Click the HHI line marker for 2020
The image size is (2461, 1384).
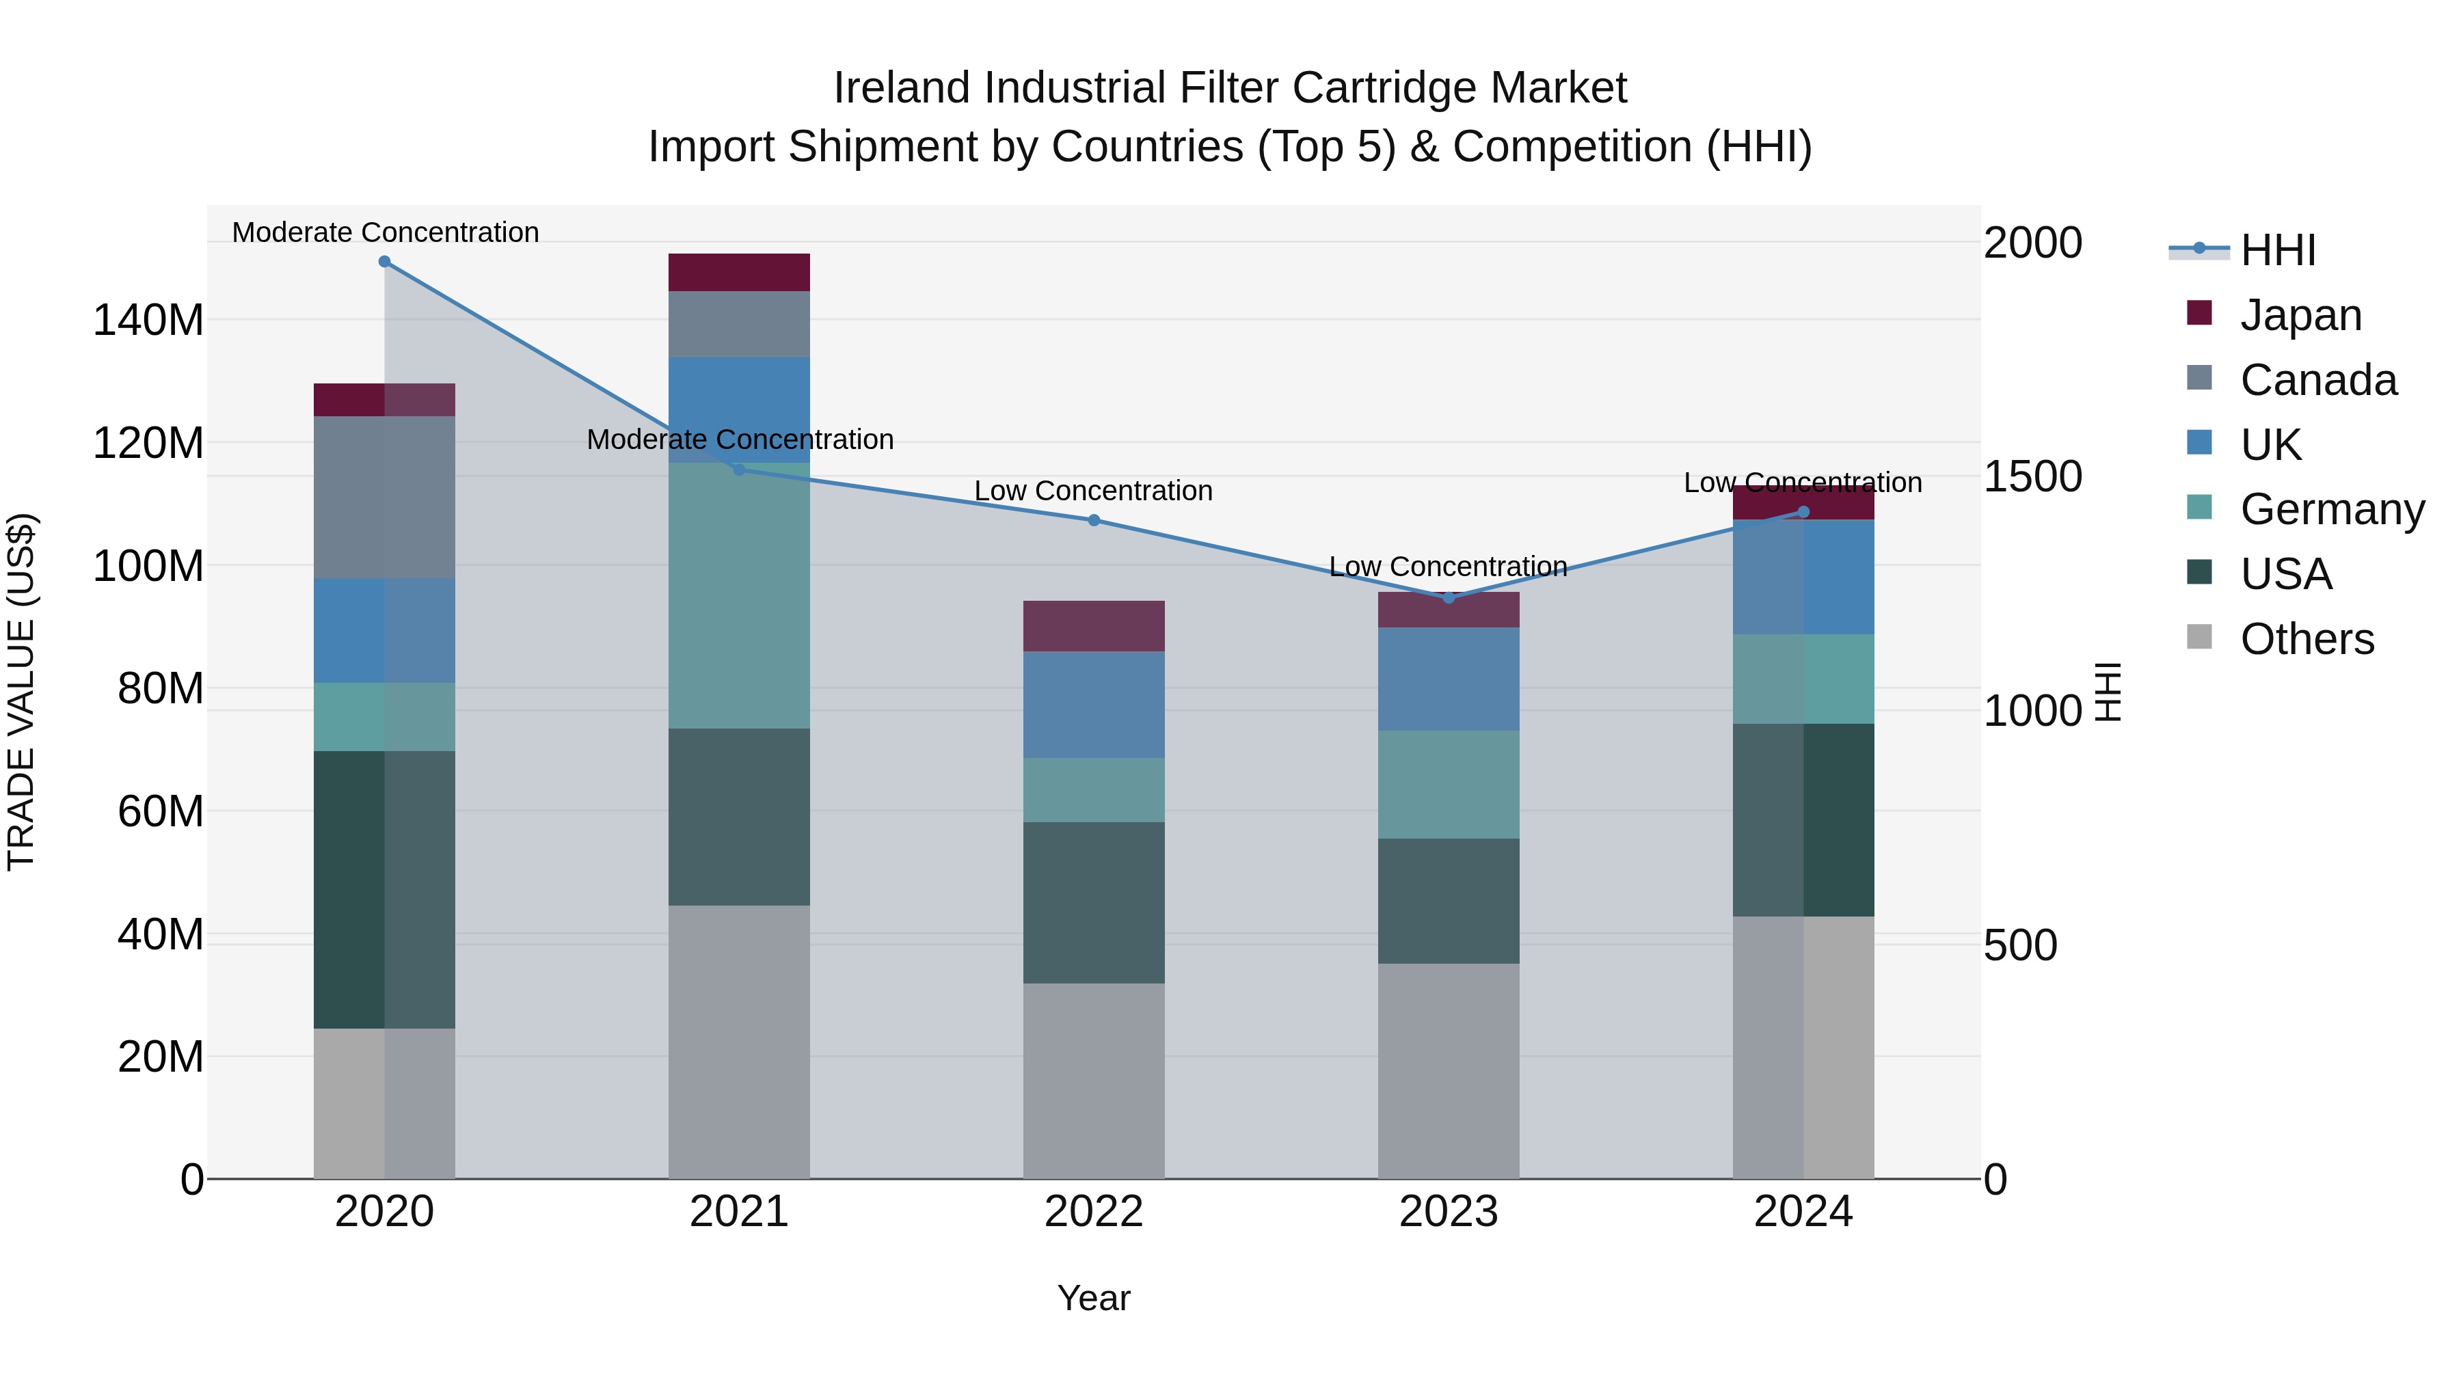click(x=384, y=262)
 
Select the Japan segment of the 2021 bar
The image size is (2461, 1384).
click(x=738, y=272)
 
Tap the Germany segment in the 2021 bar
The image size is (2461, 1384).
click(x=738, y=596)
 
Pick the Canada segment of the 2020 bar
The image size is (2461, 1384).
click(x=384, y=497)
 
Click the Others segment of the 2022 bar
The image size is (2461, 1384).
click(x=1094, y=1081)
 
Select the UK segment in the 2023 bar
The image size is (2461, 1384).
click(x=1449, y=679)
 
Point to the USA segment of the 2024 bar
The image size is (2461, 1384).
click(x=1803, y=819)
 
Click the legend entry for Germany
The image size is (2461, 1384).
click(x=2331, y=509)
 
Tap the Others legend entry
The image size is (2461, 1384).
click(x=2307, y=639)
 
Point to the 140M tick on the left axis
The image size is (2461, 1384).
click(x=148, y=320)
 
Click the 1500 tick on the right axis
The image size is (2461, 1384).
click(x=2032, y=476)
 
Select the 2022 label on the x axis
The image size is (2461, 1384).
click(x=1094, y=1212)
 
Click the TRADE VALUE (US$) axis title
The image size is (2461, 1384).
click(x=22, y=692)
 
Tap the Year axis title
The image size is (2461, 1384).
click(x=1094, y=1298)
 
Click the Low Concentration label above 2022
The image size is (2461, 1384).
click(x=1094, y=491)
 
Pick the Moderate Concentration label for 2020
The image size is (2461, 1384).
click(x=385, y=232)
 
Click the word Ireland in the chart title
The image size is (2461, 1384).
click(x=901, y=88)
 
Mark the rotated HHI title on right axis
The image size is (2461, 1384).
click(x=2108, y=692)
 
